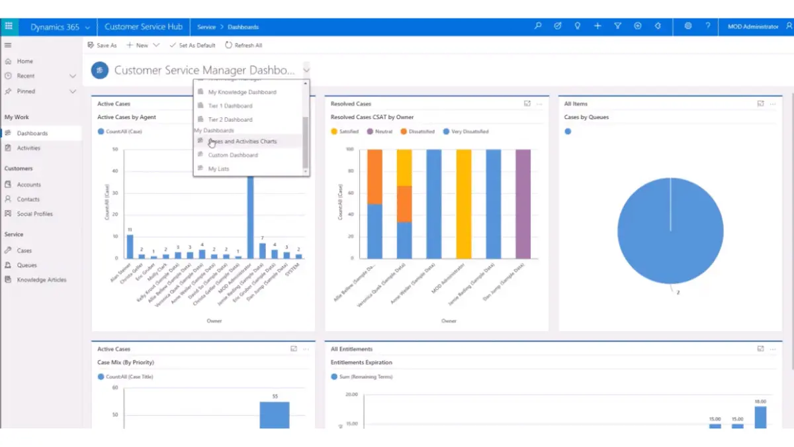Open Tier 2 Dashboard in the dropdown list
(x=230, y=120)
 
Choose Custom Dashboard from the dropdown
(x=233, y=155)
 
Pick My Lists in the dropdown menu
(x=218, y=169)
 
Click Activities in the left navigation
(x=28, y=148)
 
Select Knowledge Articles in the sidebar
(x=42, y=280)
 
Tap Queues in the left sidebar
(x=26, y=265)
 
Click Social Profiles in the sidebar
(x=34, y=214)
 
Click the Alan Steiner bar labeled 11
(x=130, y=246)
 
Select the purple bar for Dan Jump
(x=523, y=204)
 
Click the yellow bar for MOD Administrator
(x=464, y=204)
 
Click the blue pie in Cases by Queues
(x=670, y=230)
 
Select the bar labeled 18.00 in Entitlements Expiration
(x=760, y=417)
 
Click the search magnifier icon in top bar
(x=538, y=26)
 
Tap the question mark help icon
(x=708, y=26)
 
